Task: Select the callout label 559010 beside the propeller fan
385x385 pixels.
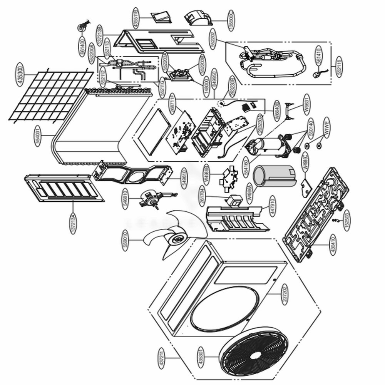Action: tap(125, 241)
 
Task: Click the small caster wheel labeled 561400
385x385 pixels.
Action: tap(82, 27)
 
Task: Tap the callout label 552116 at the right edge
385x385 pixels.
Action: tap(339, 67)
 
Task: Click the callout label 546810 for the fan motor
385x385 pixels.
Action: tap(125, 198)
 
